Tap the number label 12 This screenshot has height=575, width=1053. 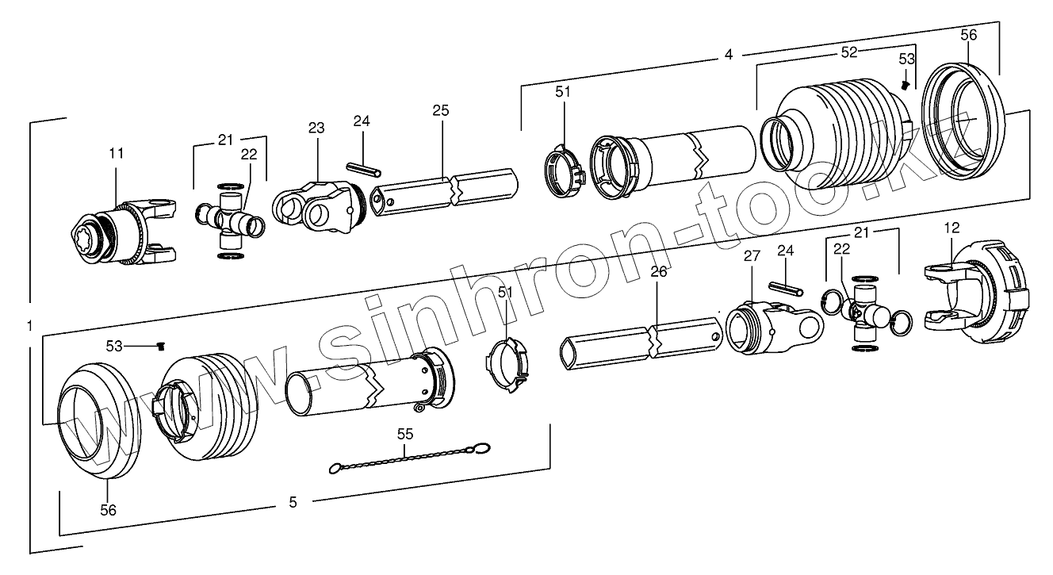(952, 228)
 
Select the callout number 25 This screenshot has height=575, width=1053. (441, 110)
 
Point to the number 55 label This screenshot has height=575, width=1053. (404, 434)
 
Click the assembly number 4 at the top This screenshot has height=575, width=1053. (728, 55)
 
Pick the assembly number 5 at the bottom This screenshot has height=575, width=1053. (293, 501)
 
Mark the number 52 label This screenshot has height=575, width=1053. (849, 52)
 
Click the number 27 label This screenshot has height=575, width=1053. (752, 256)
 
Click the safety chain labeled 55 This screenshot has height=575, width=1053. (404, 458)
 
